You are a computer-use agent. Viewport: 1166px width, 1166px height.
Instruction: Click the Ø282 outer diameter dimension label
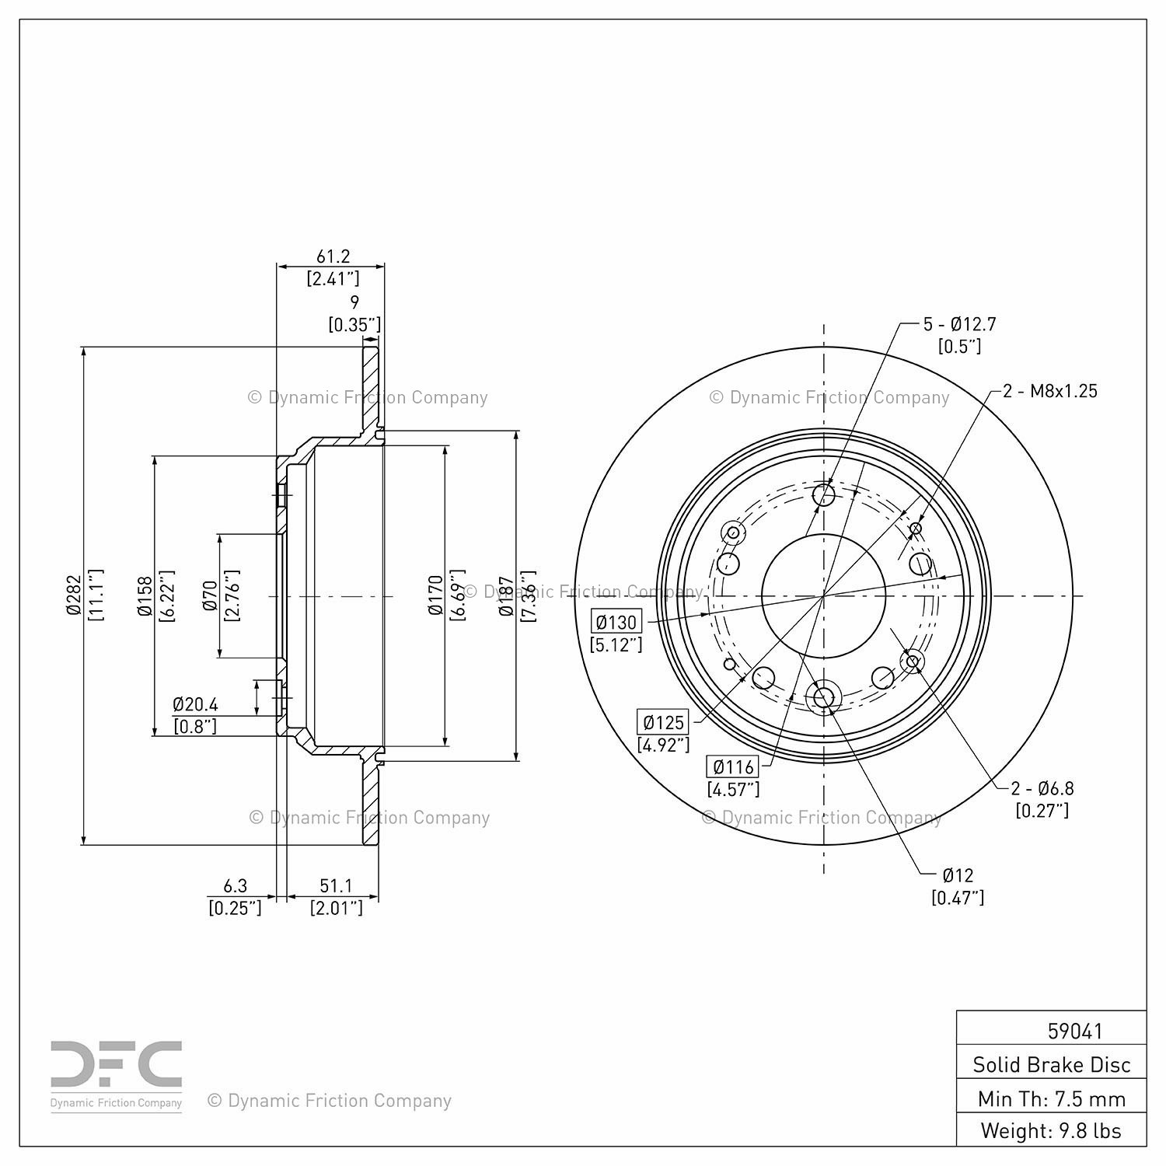[74, 595]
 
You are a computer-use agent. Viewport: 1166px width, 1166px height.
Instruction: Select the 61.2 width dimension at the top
[333, 256]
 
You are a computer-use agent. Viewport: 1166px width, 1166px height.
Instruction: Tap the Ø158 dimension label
[145, 595]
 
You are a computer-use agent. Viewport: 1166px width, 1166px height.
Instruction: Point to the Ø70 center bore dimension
[210, 595]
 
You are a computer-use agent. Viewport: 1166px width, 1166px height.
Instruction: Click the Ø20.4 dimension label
[195, 704]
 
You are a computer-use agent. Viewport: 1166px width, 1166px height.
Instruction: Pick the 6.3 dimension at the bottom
[235, 885]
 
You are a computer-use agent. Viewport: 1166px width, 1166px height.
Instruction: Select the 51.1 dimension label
[336, 885]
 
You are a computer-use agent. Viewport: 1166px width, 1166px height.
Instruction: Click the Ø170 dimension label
[435, 595]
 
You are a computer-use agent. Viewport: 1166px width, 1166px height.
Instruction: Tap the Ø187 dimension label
[506, 595]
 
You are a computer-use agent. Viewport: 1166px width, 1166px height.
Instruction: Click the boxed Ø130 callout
[616, 622]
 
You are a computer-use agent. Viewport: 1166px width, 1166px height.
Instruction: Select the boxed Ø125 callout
[663, 722]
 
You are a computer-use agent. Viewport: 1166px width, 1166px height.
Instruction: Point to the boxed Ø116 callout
[733, 767]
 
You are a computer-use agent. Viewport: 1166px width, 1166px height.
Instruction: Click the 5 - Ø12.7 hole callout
[959, 324]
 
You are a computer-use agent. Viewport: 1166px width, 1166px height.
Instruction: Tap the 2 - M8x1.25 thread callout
[1050, 391]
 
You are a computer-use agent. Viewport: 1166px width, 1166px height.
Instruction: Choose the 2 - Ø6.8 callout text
[1042, 788]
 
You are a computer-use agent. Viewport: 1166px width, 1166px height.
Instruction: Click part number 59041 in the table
[1075, 1031]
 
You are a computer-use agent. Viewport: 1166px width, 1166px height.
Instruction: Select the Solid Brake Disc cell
[1052, 1064]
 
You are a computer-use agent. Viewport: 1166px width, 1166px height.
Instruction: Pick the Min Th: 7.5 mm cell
[1052, 1098]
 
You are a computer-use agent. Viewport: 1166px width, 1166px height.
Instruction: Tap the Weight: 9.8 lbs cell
[1052, 1130]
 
